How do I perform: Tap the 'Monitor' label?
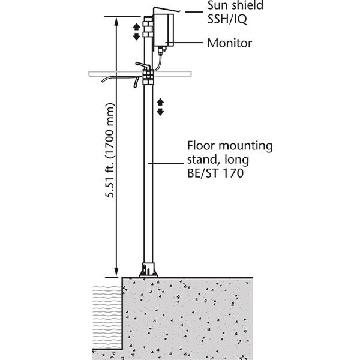click(x=229, y=43)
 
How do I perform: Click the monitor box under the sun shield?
click(x=164, y=30)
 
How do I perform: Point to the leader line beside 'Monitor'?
click(x=189, y=43)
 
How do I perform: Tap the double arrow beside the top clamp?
click(x=136, y=31)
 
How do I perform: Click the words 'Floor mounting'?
click(x=230, y=146)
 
